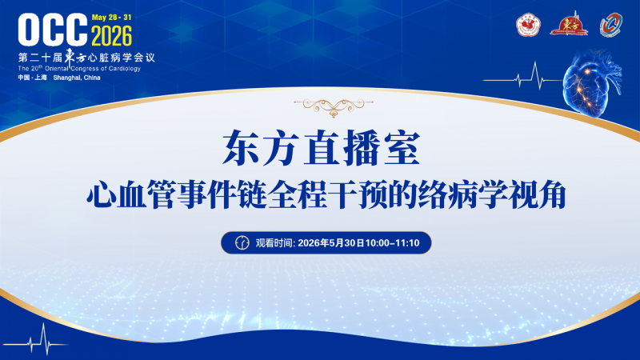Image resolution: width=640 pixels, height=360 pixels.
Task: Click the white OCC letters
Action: pyautogui.click(x=53, y=30)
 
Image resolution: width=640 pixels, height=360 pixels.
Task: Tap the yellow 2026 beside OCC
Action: pyautogui.click(x=111, y=35)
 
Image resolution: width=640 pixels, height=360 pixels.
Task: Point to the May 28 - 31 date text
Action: pyautogui.click(x=111, y=17)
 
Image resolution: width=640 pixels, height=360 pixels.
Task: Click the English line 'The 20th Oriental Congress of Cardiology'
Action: pyautogui.click(x=79, y=69)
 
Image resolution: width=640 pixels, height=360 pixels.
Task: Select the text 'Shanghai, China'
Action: pyautogui.click(x=77, y=78)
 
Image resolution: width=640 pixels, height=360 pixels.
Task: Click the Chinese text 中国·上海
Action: pyautogui.click(x=32, y=78)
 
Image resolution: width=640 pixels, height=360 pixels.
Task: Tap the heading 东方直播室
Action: pyautogui.click(x=322, y=148)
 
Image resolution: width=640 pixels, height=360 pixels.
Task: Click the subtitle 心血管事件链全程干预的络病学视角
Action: pyautogui.click(x=326, y=194)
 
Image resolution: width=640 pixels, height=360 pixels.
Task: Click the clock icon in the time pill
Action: pyautogui.click(x=242, y=243)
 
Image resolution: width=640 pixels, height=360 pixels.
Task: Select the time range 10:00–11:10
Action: pyautogui.click(x=392, y=243)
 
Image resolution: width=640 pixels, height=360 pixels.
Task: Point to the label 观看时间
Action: pyautogui.click(x=274, y=243)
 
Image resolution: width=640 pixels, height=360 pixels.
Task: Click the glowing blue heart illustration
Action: pyautogui.click(x=592, y=84)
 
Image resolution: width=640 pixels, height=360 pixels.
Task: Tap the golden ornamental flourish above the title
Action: pyautogui.click(x=334, y=107)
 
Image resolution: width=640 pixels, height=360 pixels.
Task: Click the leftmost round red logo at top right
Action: pyautogui.click(x=528, y=25)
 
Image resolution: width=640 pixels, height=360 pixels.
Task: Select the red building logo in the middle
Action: pyautogui.click(x=569, y=24)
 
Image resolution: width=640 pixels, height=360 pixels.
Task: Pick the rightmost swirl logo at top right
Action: pyautogui.click(x=611, y=25)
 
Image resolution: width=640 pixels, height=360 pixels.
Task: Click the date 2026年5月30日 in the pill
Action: pyautogui.click(x=331, y=243)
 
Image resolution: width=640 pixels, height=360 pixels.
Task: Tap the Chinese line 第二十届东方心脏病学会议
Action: pyautogui.click(x=86, y=57)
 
